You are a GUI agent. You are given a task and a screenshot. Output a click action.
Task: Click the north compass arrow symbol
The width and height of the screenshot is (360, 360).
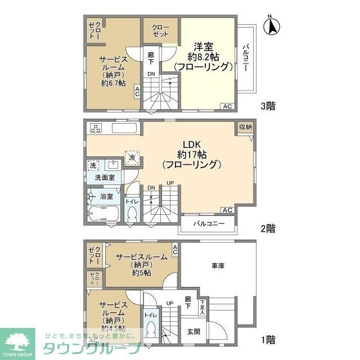tap(273, 26)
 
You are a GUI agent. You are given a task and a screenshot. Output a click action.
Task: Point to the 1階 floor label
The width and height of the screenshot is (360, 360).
tap(268, 339)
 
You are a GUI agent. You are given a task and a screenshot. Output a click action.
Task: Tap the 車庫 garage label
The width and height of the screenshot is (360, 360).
tap(218, 265)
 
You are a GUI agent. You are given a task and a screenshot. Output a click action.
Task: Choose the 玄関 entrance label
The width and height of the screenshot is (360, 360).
tap(193, 331)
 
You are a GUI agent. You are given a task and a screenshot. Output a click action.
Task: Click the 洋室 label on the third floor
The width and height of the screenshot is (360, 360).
tap(202, 46)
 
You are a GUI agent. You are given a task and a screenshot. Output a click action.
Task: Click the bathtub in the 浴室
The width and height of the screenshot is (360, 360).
tap(103, 213)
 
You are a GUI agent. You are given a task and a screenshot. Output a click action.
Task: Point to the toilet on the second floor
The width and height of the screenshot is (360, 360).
tap(133, 214)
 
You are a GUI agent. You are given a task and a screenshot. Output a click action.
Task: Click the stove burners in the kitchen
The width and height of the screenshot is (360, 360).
tap(94, 127)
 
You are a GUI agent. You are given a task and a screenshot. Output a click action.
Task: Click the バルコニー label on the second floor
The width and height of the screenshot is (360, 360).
tap(209, 224)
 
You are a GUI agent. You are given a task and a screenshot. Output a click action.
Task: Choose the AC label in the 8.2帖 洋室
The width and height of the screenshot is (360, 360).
tap(227, 106)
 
